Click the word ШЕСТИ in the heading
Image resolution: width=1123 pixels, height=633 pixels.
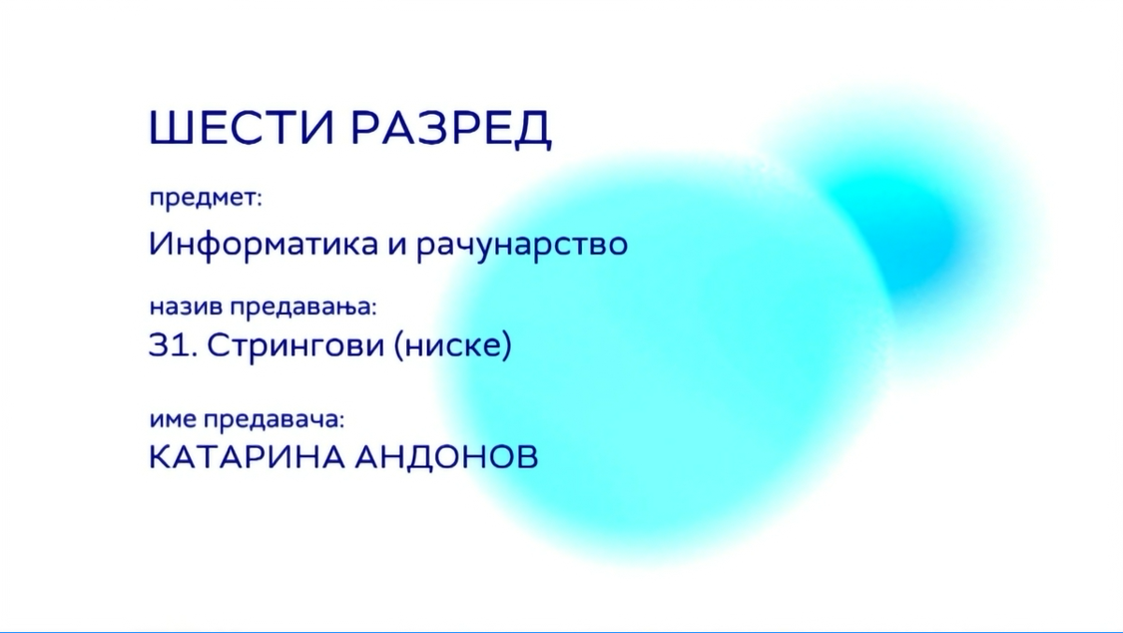pos(241,127)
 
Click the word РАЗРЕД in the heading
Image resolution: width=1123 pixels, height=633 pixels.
pos(451,129)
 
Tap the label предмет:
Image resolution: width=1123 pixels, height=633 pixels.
pos(206,199)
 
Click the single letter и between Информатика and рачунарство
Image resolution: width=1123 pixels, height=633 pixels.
pos(397,245)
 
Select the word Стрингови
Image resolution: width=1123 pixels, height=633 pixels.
pos(296,347)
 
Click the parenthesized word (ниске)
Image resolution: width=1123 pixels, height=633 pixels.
pos(453,345)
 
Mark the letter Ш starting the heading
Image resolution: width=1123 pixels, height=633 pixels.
pos(171,127)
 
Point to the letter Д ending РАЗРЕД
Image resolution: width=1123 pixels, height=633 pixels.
pos(535,130)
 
